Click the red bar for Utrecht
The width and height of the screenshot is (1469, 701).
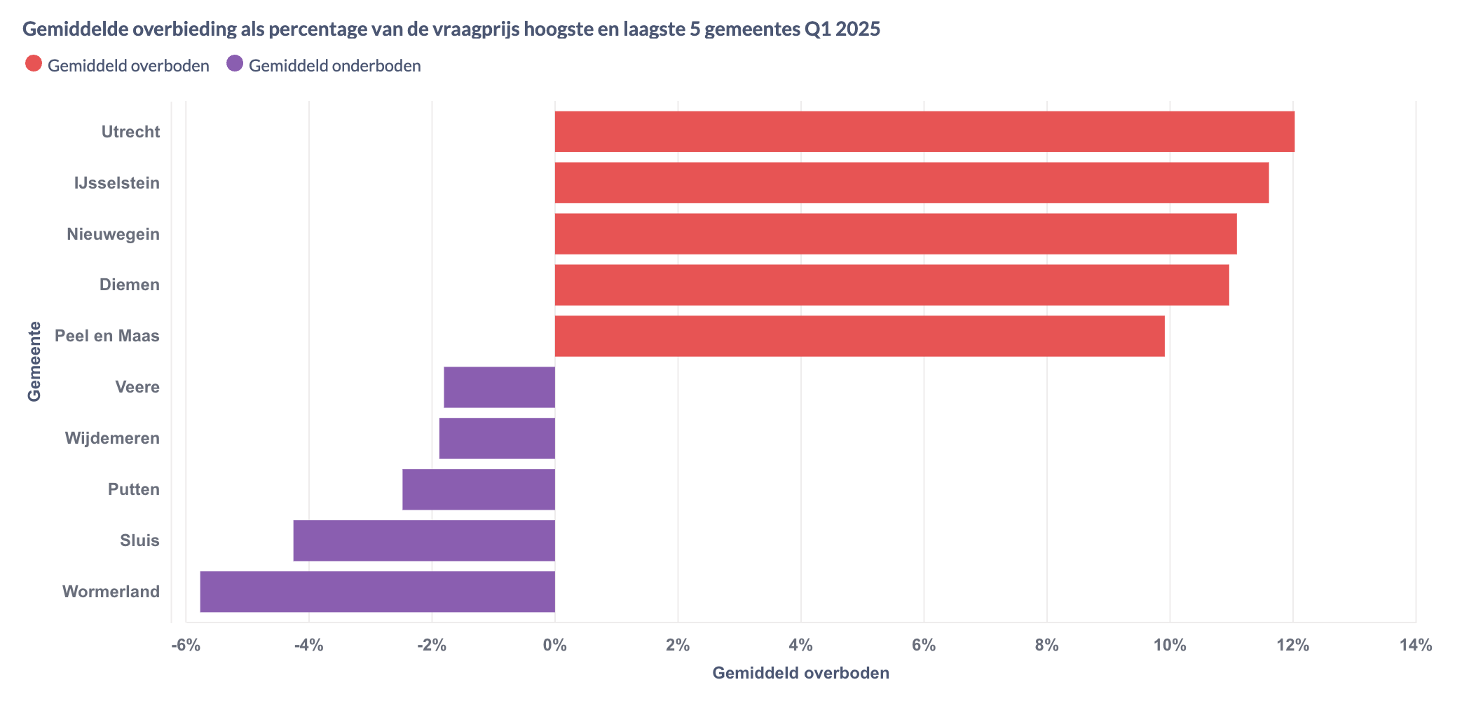(924, 131)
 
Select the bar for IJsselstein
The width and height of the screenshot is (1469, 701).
(911, 183)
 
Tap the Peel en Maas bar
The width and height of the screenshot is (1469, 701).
(859, 336)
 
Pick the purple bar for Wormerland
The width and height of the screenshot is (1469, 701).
(377, 592)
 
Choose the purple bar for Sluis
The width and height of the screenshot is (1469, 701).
(424, 540)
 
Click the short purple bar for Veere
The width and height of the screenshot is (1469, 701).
(499, 387)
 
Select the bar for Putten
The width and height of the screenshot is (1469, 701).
(479, 489)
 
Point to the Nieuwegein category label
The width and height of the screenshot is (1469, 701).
(113, 234)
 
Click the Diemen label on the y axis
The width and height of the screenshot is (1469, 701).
(129, 285)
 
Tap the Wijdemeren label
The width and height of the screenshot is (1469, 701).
(112, 438)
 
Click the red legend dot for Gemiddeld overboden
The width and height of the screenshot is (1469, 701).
(33, 64)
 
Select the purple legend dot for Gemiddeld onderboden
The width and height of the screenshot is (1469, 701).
(235, 64)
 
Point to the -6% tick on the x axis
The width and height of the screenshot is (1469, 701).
(186, 645)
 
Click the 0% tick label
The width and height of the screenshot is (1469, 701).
(554, 645)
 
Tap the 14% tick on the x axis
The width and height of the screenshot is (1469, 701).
(1415, 645)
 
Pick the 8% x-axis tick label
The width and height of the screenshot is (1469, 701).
(1046, 645)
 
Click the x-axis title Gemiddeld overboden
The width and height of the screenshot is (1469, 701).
(800, 673)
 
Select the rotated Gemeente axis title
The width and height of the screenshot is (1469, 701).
(34, 361)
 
